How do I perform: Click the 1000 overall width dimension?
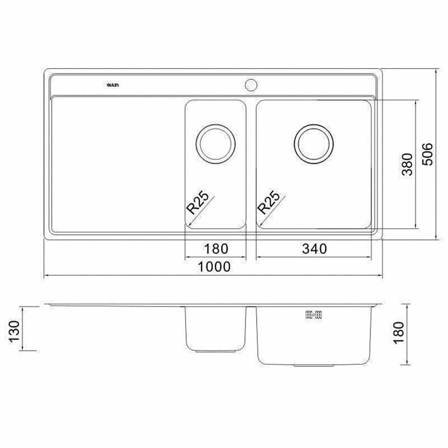click(215, 267)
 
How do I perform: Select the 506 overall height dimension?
click(427, 154)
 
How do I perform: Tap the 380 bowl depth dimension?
click(406, 164)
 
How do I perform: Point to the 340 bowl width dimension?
click(314, 248)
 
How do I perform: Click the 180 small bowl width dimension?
click(215, 248)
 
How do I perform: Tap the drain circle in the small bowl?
click(215, 144)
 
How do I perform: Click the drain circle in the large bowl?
click(314, 144)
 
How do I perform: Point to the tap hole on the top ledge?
click(251, 83)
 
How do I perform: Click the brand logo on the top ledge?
click(112, 84)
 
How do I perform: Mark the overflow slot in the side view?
click(314, 315)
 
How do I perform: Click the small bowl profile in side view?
click(215, 329)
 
